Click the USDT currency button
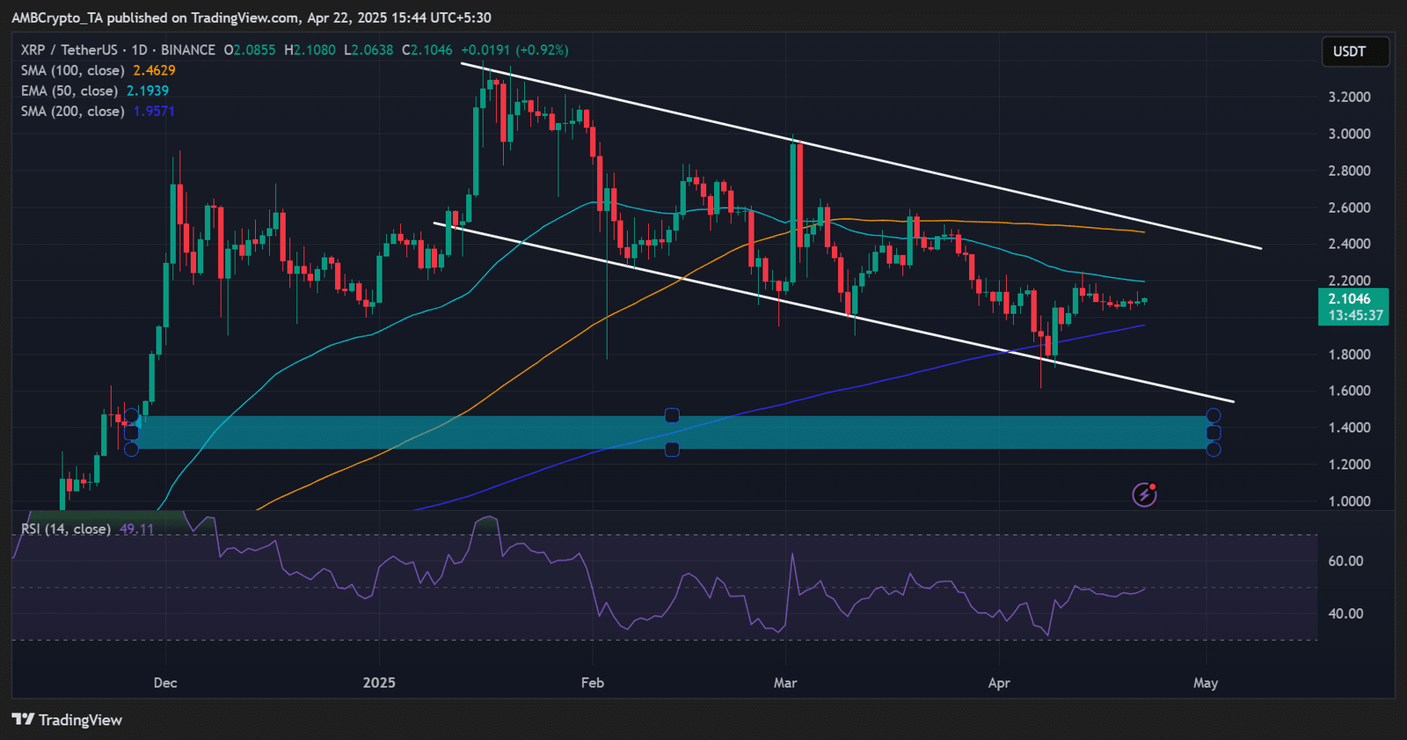click(1355, 52)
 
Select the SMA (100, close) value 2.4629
click(154, 70)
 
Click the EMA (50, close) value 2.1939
click(148, 91)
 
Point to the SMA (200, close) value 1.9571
click(154, 111)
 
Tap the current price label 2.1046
click(1350, 299)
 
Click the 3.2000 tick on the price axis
click(1349, 97)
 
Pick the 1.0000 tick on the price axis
click(1349, 502)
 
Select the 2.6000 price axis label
click(1349, 208)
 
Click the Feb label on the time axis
click(593, 683)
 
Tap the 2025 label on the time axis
click(379, 683)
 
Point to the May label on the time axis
click(1206, 683)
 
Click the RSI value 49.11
click(136, 529)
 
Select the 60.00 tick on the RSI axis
click(1345, 561)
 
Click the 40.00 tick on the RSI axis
click(1345, 614)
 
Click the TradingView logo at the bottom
click(68, 720)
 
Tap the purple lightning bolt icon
click(1144, 495)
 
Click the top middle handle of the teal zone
click(672, 415)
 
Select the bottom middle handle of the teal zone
click(672, 450)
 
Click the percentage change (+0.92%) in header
click(542, 50)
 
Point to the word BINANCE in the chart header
click(187, 50)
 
